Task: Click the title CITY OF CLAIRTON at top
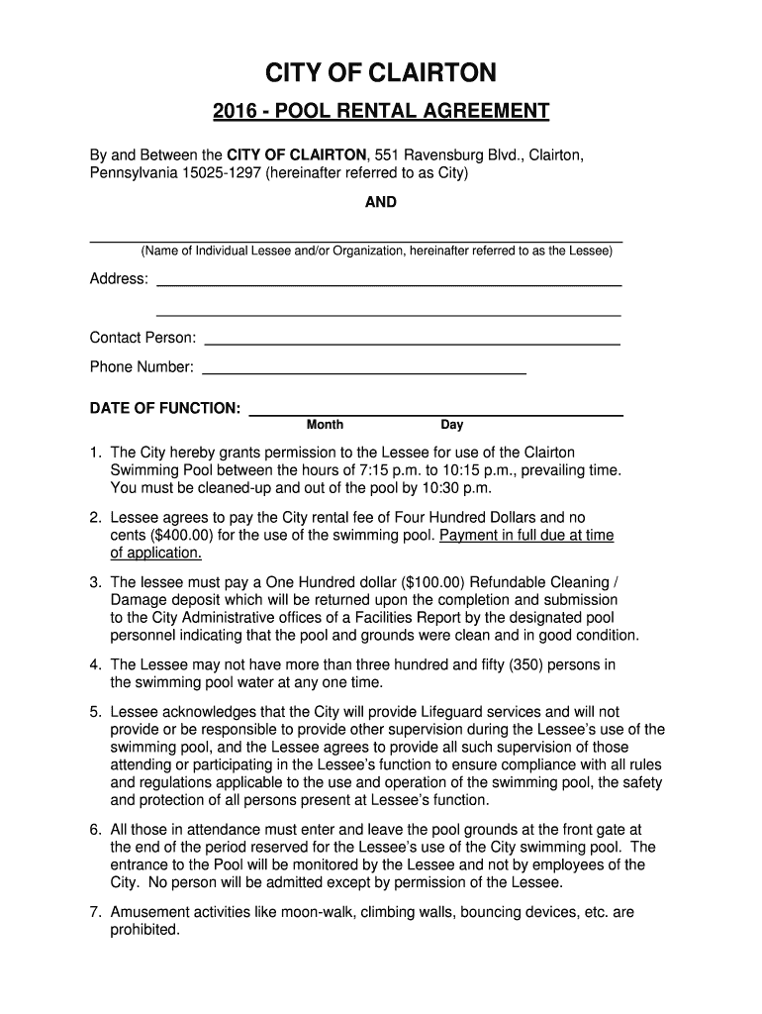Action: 381,73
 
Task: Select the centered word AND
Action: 381,202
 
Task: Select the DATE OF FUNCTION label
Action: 164,408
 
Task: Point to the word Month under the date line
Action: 325,425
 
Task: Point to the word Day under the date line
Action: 451,425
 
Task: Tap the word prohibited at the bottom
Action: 144,930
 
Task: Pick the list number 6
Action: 95,830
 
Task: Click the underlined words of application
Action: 155,554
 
